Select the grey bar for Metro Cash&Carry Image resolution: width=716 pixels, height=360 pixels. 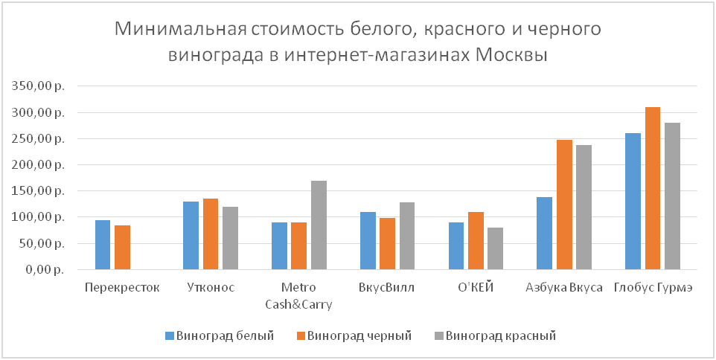[319, 225]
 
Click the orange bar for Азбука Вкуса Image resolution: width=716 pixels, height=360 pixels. [564, 205]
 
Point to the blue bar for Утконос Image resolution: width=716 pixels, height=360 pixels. [191, 235]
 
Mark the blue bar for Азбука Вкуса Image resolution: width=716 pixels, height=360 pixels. [545, 233]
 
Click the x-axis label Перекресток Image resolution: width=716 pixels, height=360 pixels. [122, 288]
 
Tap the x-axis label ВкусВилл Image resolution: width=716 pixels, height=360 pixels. [387, 288]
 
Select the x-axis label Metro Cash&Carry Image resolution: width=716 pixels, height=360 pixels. [299, 295]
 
